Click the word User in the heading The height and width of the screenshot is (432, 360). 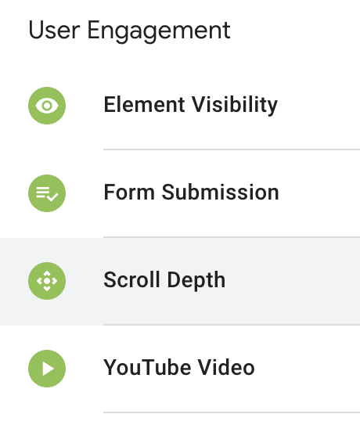(x=54, y=31)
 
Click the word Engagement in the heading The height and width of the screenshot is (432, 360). (x=159, y=32)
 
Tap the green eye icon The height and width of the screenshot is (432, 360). (x=47, y=106)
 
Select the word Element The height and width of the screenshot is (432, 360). (x=144, y=105)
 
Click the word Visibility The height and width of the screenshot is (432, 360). (x=235, y=105)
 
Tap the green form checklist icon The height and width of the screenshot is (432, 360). (x=47, y=193)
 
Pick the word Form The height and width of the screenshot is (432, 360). (x=129, y=193)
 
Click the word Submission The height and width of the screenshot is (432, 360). (x=221, y=193)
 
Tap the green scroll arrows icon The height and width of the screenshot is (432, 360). (x=47, y=281)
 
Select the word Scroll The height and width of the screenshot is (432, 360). (x=131, y=280)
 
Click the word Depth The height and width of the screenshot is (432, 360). (x=196, y=280)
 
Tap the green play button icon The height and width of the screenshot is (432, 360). (x=47, y=369)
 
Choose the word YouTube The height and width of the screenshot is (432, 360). (x=147, y=368)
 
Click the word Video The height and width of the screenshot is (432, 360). (x=226, y=368)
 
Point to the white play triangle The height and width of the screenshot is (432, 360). (x=48, y=369)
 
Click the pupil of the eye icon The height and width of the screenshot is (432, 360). (x=47, y=106)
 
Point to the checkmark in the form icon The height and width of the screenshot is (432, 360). (x=52, y=197)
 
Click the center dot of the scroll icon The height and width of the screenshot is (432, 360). (x=47, y=281)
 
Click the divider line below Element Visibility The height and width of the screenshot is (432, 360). (x=232, y=149)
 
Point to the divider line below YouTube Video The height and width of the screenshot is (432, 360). (x=232, y=412)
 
